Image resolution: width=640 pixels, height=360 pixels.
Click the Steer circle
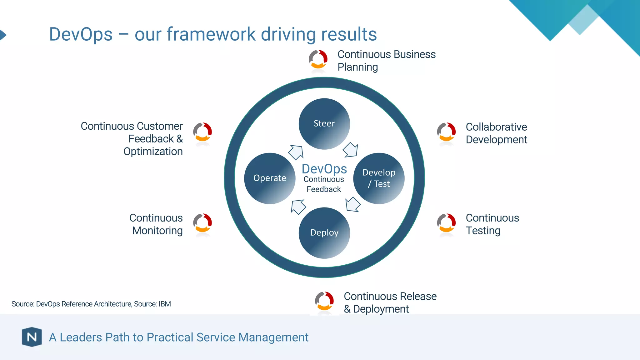[324, 124]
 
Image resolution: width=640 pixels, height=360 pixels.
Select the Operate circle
[270, 178]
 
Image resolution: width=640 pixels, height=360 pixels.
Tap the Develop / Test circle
[379, 178]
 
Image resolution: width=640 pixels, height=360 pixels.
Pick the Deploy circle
[324, 233]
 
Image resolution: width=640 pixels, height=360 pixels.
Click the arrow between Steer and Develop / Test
[351, 150]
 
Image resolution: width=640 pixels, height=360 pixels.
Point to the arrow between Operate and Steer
[296, 152]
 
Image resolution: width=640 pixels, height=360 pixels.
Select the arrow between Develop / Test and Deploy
[353, 204]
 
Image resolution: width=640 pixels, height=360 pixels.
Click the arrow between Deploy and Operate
[298, 207]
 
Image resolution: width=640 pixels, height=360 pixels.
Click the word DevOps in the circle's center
[324, 169]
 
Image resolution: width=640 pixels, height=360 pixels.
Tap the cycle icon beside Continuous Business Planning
[318, 59]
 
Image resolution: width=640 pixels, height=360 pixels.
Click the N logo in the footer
[32, 337]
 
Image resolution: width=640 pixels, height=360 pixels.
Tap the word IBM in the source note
[165, 304]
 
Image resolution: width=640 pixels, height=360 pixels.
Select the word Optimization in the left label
[153, 152]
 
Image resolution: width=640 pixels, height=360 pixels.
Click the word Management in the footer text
[273, 337]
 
